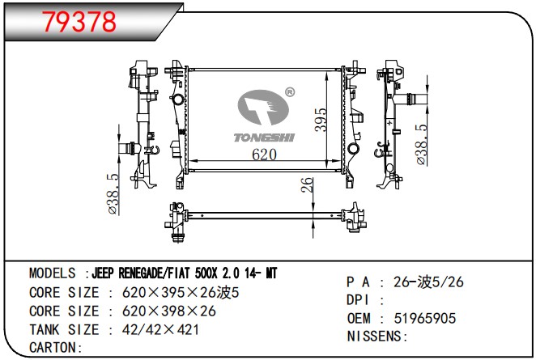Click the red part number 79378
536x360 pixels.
pyautogui.click(x=79, y=22)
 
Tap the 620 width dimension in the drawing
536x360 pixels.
pyautogui.click(x=264, y=155)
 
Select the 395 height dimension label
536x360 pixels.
pyautogui.click(x=321, y=120)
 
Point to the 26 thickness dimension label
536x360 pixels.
pyautogui.click(x=307, y=184)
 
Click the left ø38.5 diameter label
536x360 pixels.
pyautogui.click(x=114, y=194)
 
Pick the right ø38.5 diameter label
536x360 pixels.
pyautogui.click(x=422, y=145)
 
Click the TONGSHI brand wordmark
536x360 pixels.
pyautogui.click(x=264, y=138)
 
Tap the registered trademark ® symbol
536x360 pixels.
pyautogui.click(x=290, y=92)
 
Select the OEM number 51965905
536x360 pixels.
pyautogui.click(x=424, y=318)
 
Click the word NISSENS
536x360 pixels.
pyautogui.click(x=374, y=336)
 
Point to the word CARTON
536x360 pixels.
pyautogui.click(x=52, y=348)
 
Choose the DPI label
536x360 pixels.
pyautogui.click(x=358, y=300)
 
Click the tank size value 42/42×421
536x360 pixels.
pyautogui.click(x=160, y=329)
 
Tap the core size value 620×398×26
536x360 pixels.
pyautogui.click(x=169, y=311)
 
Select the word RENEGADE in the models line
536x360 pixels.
pyautogui.click(x=142, y=273)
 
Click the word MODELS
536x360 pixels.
pyautogui.click(x=53, y=273)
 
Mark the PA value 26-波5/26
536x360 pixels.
pyautogui.click(x=428, y=282)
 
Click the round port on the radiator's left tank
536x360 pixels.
pyautogui.click(x=178, y=100)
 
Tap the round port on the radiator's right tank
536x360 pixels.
pyautogui.click(x=353, y=150)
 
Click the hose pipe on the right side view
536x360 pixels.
pyautogui.click(x=411, y=100)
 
